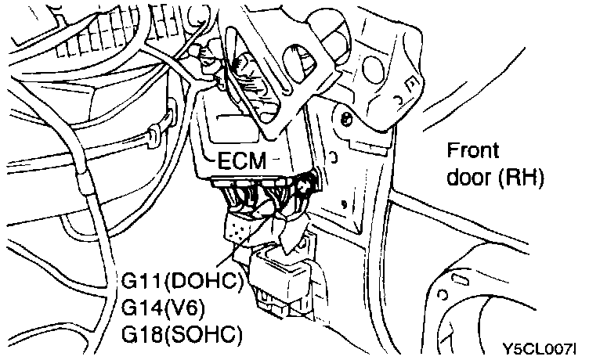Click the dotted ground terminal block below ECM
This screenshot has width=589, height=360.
[x=237, y=230]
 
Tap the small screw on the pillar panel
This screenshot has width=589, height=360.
[x=345, y=119]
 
